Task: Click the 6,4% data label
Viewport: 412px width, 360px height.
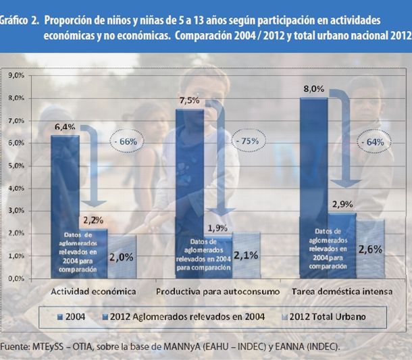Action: point(64,127)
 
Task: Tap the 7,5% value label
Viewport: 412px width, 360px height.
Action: point(188,101)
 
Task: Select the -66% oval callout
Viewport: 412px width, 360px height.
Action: point(126,142)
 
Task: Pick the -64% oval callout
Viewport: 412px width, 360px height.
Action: point(371,142)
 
